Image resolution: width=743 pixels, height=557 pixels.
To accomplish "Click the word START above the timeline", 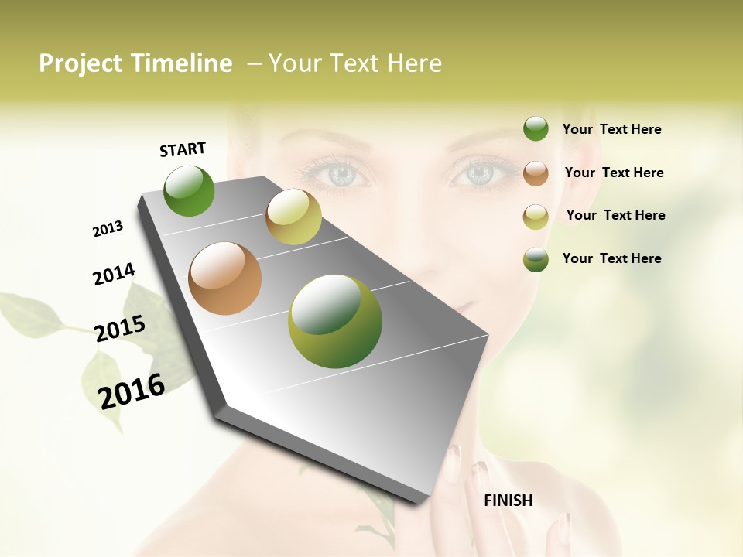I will point(183,149).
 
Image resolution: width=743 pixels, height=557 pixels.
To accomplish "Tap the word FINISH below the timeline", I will point(508,501).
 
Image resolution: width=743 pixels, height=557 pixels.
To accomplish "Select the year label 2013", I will point(108,229).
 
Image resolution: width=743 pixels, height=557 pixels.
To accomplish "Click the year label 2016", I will point(132,391).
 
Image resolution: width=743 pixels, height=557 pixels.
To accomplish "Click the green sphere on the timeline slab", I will point(190,191).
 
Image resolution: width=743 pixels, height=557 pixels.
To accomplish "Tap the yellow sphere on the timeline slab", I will point(293,217).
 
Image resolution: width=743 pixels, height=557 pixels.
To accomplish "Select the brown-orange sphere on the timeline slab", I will point(225,278).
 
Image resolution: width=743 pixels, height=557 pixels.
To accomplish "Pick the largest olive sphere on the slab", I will point(335,321).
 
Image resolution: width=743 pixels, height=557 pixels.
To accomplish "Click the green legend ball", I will point(536,129).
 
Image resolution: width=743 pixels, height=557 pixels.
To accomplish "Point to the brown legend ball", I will point(536,173).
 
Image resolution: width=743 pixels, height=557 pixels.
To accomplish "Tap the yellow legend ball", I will point(536,217).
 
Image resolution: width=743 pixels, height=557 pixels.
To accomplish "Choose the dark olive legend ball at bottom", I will point(536,259).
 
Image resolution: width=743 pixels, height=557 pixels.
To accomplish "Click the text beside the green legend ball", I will point(611,129).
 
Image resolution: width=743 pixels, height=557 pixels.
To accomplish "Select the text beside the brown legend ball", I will point(614,173).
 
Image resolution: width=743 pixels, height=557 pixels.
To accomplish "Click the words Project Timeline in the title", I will point(135,63).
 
